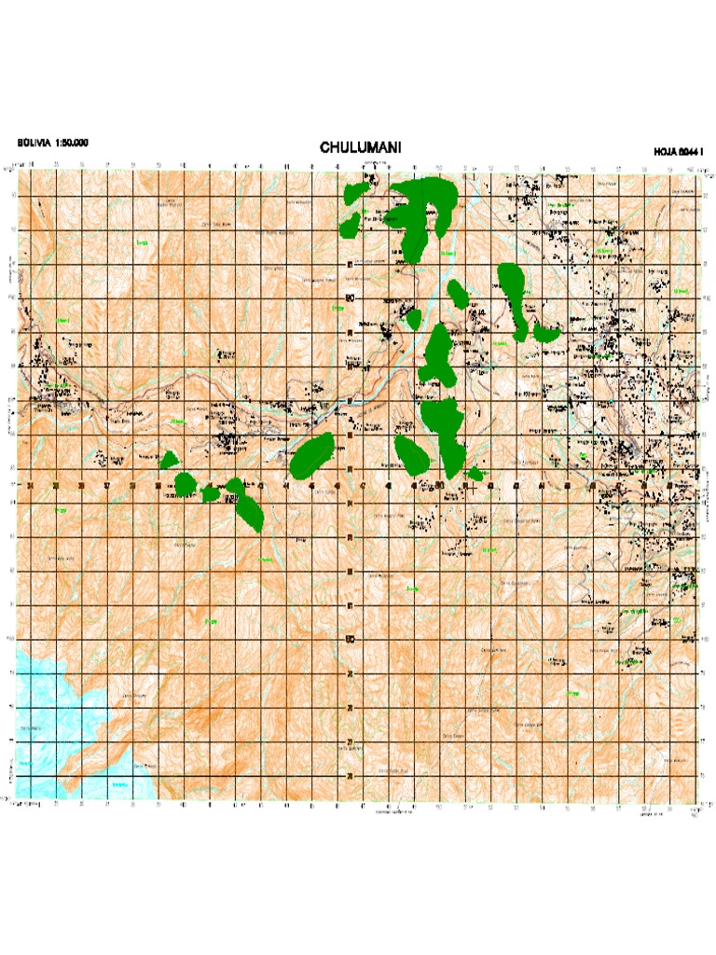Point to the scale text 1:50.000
pos(74,143)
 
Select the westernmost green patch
pos(169,460)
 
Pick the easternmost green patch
pos(545,331)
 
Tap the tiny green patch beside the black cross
pos(475,475)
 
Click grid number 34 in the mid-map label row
pos(31,485)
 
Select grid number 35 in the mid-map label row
pos(56,485)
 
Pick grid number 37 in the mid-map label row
pos(107,485)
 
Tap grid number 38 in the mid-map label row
pos(132,485)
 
